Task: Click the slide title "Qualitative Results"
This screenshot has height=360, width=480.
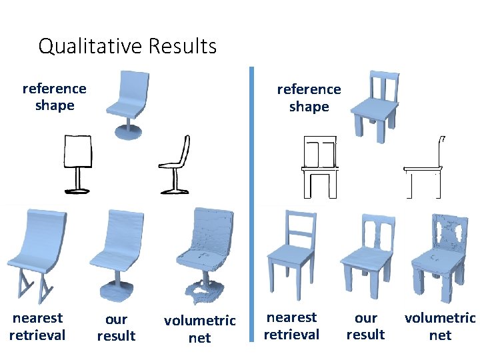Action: pos(127,46)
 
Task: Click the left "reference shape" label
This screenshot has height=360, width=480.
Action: pos(54,97)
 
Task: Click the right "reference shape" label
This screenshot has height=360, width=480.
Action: pos(309,97)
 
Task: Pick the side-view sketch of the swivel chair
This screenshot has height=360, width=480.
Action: pos(175,165)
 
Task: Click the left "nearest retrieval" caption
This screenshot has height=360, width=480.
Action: pos(37,326)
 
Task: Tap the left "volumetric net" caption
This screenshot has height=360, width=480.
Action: pos(199,329)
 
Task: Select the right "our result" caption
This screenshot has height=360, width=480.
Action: pos(365,326)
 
